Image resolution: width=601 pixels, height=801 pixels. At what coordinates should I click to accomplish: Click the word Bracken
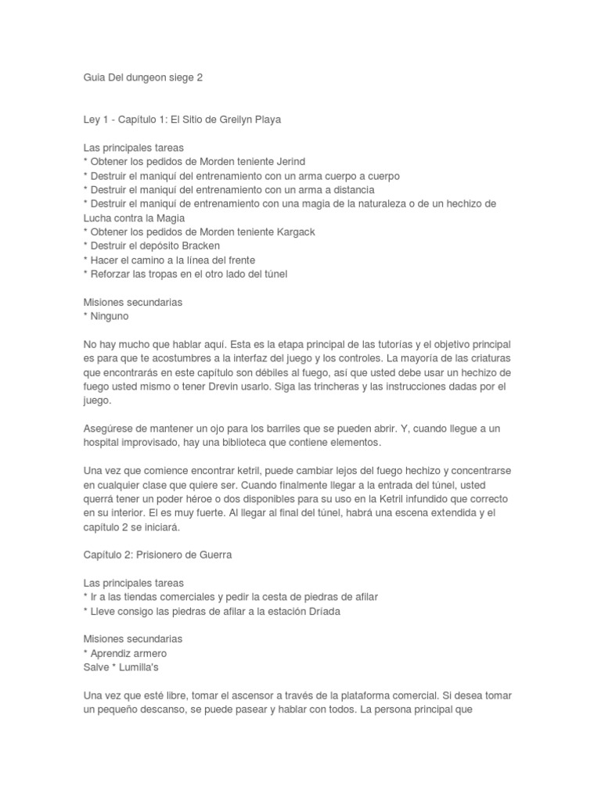pyautogui.click(x=200, y=246)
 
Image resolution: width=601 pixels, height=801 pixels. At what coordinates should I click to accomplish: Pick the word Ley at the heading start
pyautogui.click(x=92, y=120)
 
